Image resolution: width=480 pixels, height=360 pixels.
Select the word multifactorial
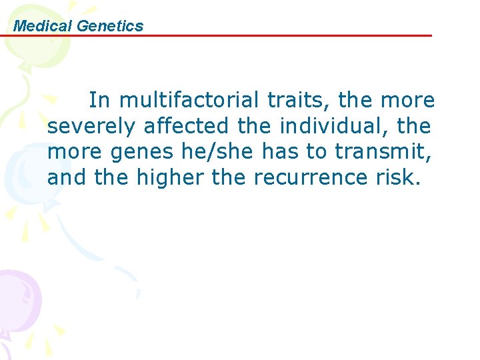coord(191,101)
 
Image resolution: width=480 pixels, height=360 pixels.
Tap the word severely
coord(93,126)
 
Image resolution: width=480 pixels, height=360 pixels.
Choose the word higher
coord(166,178)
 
